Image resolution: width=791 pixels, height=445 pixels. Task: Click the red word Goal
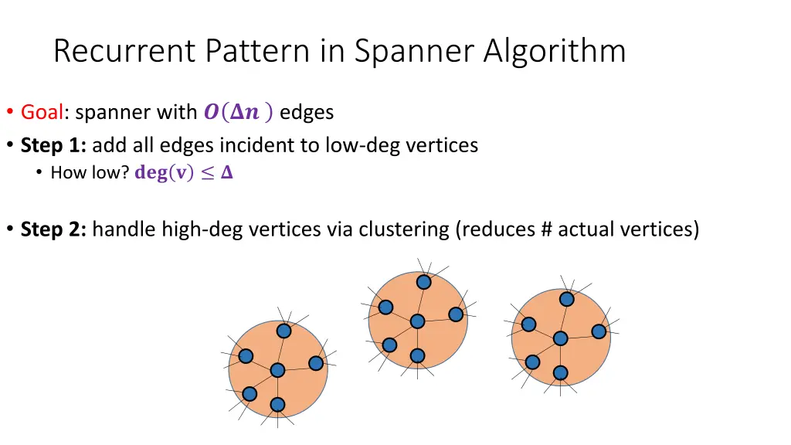pyautogui.click(x=42, y=112)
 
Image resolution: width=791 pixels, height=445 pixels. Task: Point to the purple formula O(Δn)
pyautogui.click(x=238, y=112)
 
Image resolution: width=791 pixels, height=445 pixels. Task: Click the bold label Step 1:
pyautogui.click(x=53, y=144)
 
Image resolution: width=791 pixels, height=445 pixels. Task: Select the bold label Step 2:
pyautogui.click(x=53, y=229)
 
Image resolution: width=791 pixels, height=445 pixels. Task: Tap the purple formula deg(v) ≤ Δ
pyautogui.click(x=184, y=173)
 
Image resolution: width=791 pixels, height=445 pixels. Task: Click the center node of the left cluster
pyautogui.click(x=277, y=371)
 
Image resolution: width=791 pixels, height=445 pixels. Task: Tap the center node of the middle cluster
pyautogui.click(x=417, y=321)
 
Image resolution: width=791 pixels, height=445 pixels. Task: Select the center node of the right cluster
pyautogui.click(x=560, y=338)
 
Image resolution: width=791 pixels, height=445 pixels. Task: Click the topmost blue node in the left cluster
pyautogui.click(x=284, y=331)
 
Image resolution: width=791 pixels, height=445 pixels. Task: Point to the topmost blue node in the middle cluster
pyautogui.click(x=423, y=282)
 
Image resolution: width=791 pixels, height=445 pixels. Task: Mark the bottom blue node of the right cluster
pyautogui.click(x=560, y=373)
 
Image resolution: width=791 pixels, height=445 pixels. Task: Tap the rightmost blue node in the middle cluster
pyautogui.click(x=456, y=314)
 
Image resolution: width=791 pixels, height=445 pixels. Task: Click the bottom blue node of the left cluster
pyautogui.click(x=277, y=405)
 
